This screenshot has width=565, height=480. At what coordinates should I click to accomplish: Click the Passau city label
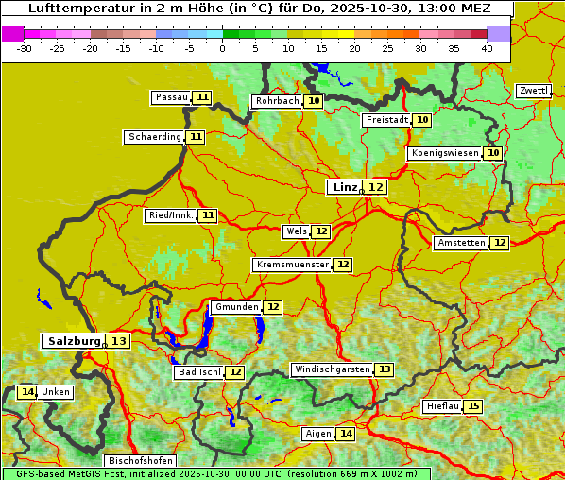pos(171,97)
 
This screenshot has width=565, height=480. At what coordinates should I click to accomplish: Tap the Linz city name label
pos(343,187)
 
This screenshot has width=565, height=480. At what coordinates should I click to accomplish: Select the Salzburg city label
pos(74,341)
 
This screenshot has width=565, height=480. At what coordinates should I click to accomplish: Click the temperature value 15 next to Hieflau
pos(473,406)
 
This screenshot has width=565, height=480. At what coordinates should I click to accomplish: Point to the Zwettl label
pos(533,91)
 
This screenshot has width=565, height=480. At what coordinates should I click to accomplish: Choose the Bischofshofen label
pos(140,461)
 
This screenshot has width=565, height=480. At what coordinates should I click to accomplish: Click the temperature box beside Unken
pos(27,392)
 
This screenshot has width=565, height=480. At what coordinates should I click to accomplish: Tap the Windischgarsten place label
pos(331,369)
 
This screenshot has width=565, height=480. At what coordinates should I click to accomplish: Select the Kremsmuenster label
pos(292,265)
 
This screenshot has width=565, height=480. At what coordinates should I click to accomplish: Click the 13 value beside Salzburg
pos(118,341)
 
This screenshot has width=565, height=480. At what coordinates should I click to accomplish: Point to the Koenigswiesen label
pos(445,153)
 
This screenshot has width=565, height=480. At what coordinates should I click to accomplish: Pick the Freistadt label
pos(386,120)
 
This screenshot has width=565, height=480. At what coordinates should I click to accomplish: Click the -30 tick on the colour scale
pos(25,48)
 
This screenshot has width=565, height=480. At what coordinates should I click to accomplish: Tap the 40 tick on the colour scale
pos(486,48)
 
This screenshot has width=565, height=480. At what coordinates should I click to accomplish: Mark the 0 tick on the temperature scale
pos(222,48)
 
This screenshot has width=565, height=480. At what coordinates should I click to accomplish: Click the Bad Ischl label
pos(198,372)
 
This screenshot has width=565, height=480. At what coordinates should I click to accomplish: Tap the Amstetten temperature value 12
pos(499,243)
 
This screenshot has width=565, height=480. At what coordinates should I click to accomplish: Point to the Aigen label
pos(318,434)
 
